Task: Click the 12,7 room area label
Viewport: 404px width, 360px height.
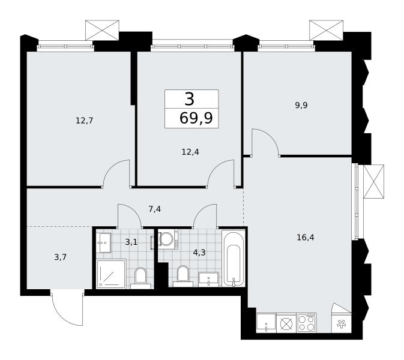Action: coord(84,121)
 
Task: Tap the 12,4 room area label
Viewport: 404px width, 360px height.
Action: coord(190,152)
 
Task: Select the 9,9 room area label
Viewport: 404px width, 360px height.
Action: coord(301,106)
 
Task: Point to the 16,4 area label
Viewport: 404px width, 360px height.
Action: coord(306,237)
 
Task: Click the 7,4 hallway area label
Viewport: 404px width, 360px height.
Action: coord(155,209)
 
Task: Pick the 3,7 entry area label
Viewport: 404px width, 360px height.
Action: coord(60,257)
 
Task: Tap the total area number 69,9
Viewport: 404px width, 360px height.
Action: coord(196,118)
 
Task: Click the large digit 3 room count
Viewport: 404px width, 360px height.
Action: coord(189,99)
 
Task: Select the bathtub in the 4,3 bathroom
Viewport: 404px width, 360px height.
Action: coord(234,258)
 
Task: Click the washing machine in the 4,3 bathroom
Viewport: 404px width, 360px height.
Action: coord(168,239)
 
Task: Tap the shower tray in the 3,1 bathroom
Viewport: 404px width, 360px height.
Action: coord(111,274)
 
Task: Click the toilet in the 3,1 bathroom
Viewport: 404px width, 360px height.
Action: coord(140,278)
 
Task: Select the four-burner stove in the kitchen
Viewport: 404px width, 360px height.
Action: coord(307,323)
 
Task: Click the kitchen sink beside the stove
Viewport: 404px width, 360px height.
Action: coord(266,323)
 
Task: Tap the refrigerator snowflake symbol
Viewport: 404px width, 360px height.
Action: coord(342,324)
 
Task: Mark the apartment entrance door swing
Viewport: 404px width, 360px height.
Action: coord(67,308)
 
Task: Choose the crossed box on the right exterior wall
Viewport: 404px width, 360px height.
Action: coord(373,182)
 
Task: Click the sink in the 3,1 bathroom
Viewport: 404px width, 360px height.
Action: coord(104,243)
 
